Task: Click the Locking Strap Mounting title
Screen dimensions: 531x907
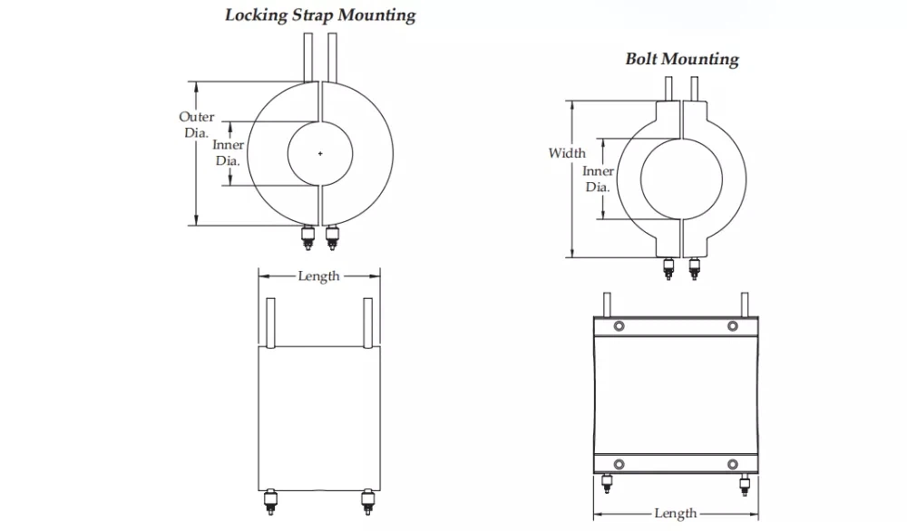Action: tap(320, 14)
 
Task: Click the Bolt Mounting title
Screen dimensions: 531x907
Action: tap(682, 59)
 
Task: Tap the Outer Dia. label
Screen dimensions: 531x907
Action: tap(196, 124)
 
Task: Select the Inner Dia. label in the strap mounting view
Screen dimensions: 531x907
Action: tap(228, 153)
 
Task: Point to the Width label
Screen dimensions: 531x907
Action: tap(567, 153)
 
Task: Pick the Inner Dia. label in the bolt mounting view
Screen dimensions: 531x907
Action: tap(598, 179)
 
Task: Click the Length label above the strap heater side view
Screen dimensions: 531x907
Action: tap(318, 275)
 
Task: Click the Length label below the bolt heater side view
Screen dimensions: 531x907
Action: tap(675, 514)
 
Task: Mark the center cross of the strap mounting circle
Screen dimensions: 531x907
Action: tap(320, 154)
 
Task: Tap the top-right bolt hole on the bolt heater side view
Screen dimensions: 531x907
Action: tap(732, 326)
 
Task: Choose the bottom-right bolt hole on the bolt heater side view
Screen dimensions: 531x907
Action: tap(732, 465)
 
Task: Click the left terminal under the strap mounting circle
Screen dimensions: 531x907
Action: tap(309, 239)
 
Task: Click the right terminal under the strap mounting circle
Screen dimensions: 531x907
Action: tap(331, 239)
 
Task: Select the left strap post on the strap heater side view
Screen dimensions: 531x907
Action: tap(269, 323)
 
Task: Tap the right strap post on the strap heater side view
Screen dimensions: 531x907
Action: tap(367, 323)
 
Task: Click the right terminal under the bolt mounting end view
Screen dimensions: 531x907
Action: tap(694, 267)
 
